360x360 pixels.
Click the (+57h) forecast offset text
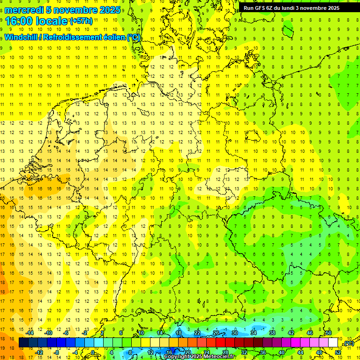pos(81,21)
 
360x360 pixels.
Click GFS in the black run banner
pos(261,8)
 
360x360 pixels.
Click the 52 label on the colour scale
pos(338,352)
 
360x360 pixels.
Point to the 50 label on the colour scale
pos(329,333)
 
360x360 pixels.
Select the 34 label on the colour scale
pos(254,333)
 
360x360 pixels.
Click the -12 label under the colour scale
pos(39,352)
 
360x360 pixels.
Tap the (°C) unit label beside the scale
pos(348,344)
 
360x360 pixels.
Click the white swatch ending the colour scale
pos(333,343)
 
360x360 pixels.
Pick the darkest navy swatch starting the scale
pos(23,343)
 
